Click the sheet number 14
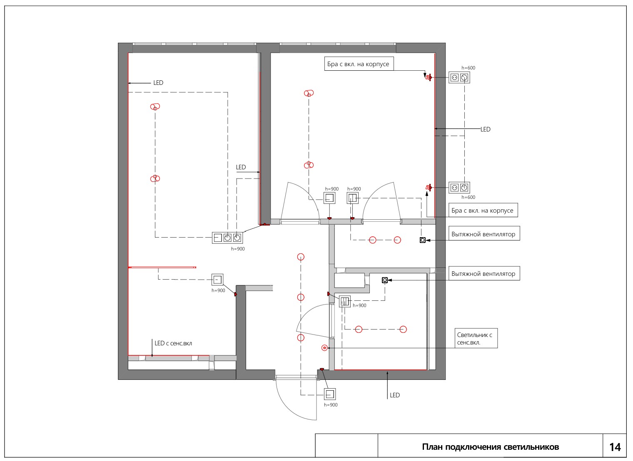pyautogui.click(x=615, y=447)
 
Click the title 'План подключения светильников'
pyautogui.click(x=490, y=447)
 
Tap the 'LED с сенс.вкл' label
pyautogui.click(x=173, y=343)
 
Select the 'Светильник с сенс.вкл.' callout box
pyautogui.click(x=476, y=338)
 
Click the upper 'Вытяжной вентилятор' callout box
pyautogui.click(x=484, y=233)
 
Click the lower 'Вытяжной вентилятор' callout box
pyautogui.click(x=484, y=273)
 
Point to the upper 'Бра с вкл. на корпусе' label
pyautogui.click(x=358, y=64)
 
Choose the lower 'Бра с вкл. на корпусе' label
pyautogui.click(x=482, y=210)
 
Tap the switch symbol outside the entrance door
pyautogui.click(x=330, y=394)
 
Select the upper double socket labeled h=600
pyautogui.click(x=459, y=77)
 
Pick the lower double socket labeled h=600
pyautogui.click(x=459, y=188)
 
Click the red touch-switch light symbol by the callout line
pyautogui.click(x=324, y=348)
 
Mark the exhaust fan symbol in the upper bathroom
pyautogui.click(x=422, y=240)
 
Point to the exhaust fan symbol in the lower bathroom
pyautogui.click(x=385, y=280)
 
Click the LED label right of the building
pyautogui.click(x=486, y=129)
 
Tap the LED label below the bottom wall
pyautogui.click(x=395, y=395)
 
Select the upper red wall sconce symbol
pyautogui.click(x=429, y=77)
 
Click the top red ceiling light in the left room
pyautogui.click(x=155, y=107)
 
